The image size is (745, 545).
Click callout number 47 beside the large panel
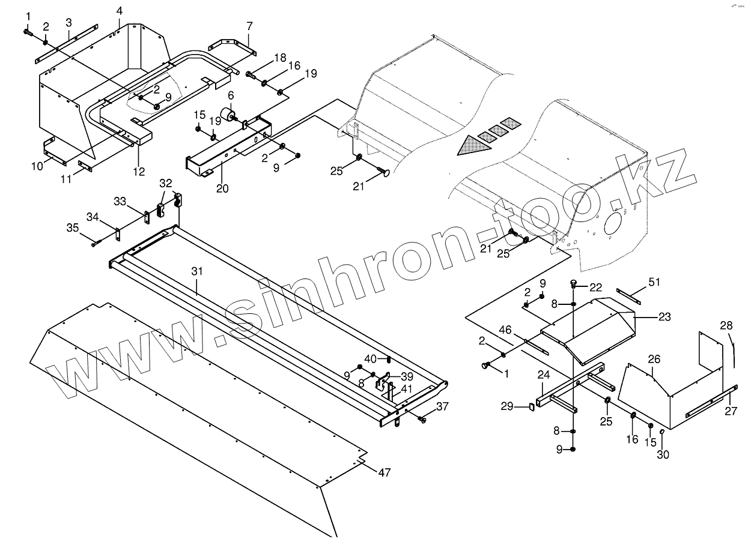click(385, 472)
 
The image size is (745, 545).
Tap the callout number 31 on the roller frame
click(198, 272)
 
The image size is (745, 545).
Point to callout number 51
click(654, 282)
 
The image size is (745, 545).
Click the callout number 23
click(664, 317)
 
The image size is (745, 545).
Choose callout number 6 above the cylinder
click(231, 95)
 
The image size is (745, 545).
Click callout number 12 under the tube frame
click(139, 172)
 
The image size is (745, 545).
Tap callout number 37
click(442, 406)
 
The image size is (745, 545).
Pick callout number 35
click(72, 227)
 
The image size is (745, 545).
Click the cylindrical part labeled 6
click(228, 115)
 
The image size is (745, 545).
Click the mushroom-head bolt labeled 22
click(574, 285)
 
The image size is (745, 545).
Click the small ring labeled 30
click(661, 432)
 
